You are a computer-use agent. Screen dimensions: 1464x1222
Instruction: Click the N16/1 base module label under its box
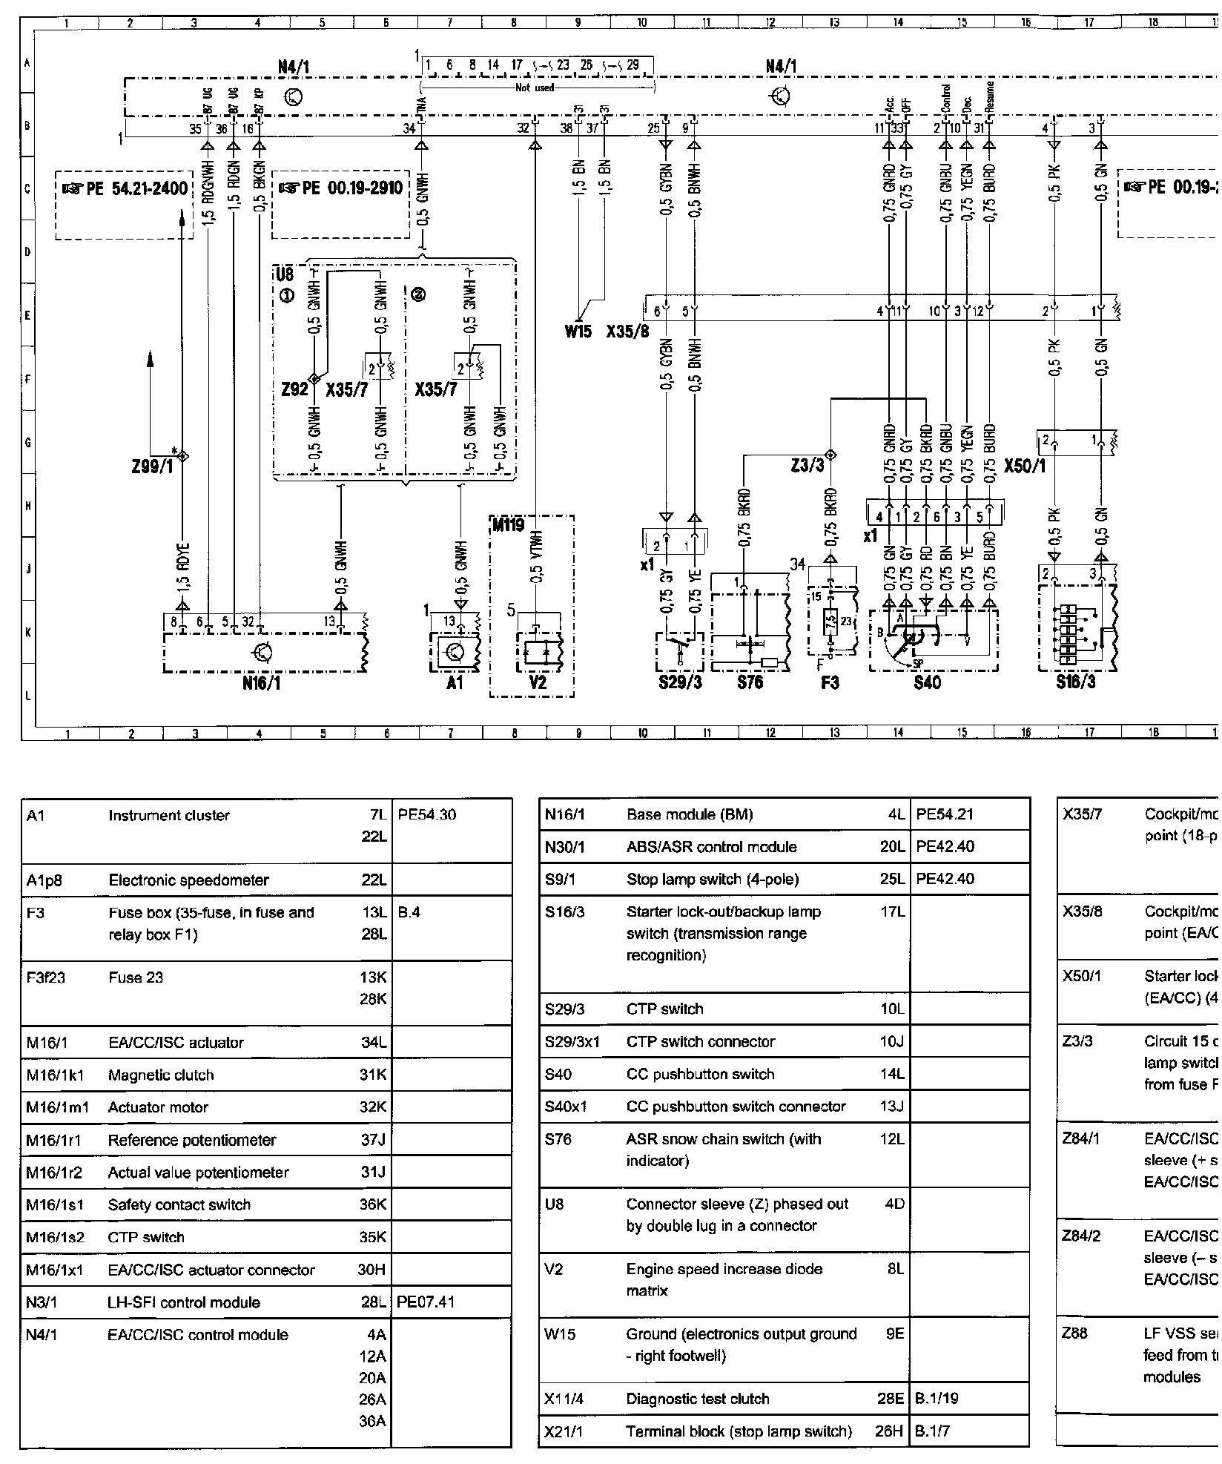(261, 683)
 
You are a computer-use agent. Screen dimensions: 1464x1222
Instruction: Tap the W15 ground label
(578, 332)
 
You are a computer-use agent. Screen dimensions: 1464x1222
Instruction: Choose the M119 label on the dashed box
(508, 525)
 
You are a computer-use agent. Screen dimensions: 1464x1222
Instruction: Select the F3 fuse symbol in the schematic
(832, 623)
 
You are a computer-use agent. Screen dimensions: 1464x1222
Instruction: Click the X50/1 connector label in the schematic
(1025, 466)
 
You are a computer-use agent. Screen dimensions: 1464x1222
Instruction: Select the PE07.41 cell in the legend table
(426, 1302)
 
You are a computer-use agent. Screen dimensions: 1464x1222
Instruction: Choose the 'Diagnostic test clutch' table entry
(698, 1399)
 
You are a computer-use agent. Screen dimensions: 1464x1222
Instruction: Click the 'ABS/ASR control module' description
(711, 847)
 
